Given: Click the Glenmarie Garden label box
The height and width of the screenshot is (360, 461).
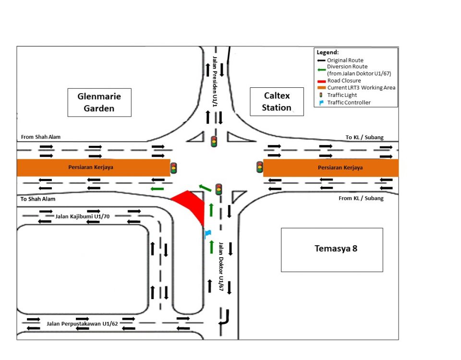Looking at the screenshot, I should point(99,102).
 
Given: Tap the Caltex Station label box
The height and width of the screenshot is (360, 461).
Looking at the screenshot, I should point(277,102).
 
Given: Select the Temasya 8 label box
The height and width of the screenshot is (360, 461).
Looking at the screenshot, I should point(332,249).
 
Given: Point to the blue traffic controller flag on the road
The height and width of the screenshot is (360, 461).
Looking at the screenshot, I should point(208,234).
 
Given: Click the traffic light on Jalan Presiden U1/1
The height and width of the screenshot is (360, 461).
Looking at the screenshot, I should point(214,142).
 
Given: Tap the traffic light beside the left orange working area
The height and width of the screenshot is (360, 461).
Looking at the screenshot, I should point(173,168).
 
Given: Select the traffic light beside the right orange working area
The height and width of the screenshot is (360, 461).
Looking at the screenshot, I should point(260,167).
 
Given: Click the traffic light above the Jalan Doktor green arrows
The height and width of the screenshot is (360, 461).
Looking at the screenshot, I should point(219,189).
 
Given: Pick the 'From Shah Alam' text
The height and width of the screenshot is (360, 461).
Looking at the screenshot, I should point(41,137).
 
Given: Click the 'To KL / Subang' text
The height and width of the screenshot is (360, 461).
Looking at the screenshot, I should point(364,138).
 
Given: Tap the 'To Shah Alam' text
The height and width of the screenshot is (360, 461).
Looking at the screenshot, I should point(38,199).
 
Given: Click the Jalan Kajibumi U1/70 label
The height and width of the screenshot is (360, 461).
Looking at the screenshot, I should point(83,216).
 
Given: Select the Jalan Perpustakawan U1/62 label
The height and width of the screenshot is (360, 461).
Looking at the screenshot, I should point(83,324).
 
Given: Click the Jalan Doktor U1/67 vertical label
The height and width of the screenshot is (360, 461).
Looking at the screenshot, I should point(221,266).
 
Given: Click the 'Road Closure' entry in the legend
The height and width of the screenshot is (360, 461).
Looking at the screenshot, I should point(343,81).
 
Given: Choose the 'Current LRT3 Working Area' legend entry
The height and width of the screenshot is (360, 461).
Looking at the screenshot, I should point(361,88).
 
